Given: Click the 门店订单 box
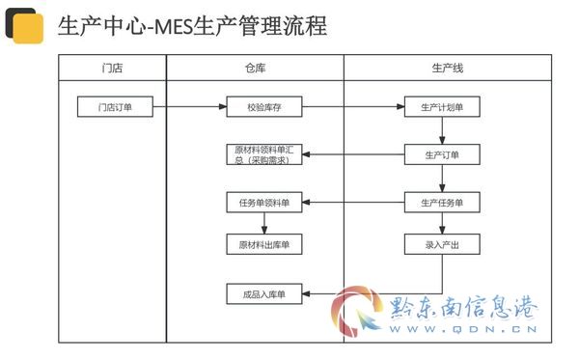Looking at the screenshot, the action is [x=115, y=107].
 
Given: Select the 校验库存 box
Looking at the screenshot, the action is [x=264, y=107].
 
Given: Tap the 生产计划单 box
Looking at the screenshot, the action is [x=442, y=107].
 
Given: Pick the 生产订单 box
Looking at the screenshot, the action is [x=442, y=154].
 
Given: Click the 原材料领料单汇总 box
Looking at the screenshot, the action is [x=264, y=154].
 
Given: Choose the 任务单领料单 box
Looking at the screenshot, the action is [x=264, y=203].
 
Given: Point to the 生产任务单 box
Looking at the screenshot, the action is [x=442, y=203].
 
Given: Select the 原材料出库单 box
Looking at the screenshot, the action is [x=264, y=244].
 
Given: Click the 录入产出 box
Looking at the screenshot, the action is [x=442, y=244].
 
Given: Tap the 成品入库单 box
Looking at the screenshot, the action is [x=264, y=294].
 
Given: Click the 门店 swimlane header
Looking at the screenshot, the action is [x=112, y=68].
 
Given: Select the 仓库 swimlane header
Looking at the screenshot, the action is [x=255, y=68].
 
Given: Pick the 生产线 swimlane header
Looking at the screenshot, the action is [x=448, y=68].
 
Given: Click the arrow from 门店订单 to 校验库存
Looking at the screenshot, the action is [x=190, y=107].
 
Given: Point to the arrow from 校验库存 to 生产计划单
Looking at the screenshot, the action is [x=353, y=107].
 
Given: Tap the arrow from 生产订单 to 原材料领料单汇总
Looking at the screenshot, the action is [x=353, y=154].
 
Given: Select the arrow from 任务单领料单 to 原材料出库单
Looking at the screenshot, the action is [x=264, y=223].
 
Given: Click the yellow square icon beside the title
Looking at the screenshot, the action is [x=28, y=29].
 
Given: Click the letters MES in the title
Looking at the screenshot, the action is [x=173, y=27].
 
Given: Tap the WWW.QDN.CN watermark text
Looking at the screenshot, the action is [x=463, y=329].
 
